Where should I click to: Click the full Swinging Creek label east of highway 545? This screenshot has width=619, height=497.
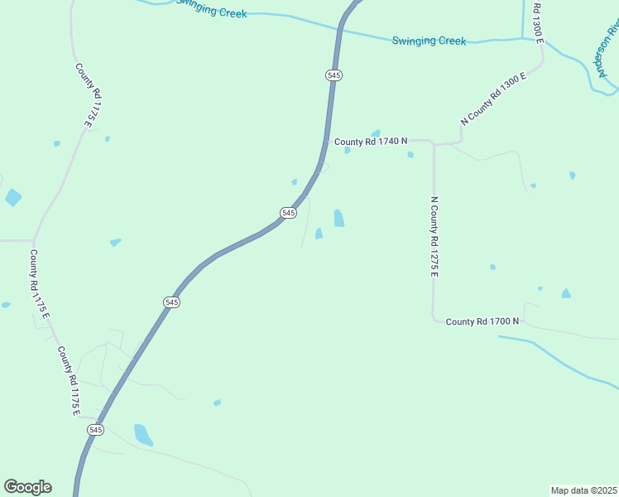(x=429, y=41)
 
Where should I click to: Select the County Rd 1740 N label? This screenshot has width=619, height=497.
(x=371, y=142)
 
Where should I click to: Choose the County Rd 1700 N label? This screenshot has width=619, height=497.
(x=482, y=321)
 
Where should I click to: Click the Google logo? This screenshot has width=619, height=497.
(x=27, y=487)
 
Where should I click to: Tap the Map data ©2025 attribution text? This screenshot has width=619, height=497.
(x=583, y=490)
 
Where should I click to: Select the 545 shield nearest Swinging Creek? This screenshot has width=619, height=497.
(x=333, y=75)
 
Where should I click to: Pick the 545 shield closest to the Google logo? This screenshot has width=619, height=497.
(x=96, y=430)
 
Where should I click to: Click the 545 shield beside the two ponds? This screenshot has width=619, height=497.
(x=288, y=213)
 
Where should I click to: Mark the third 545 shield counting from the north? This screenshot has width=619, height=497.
(x=171, y=302)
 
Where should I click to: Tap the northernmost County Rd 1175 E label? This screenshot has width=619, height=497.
(x=85, y=95)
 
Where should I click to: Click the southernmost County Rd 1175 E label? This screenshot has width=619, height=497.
(x=68, y=381)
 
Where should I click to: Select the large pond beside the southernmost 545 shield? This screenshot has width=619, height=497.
(x=143, y=435)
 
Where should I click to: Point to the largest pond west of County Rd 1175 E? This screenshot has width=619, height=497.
(x=13, y=197)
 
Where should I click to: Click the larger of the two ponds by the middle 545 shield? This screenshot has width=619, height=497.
(x=338, y=218)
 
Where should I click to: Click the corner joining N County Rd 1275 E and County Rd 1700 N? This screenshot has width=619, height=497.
(x=434, y=320)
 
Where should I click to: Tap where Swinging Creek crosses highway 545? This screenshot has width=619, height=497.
(x=338, y=30)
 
